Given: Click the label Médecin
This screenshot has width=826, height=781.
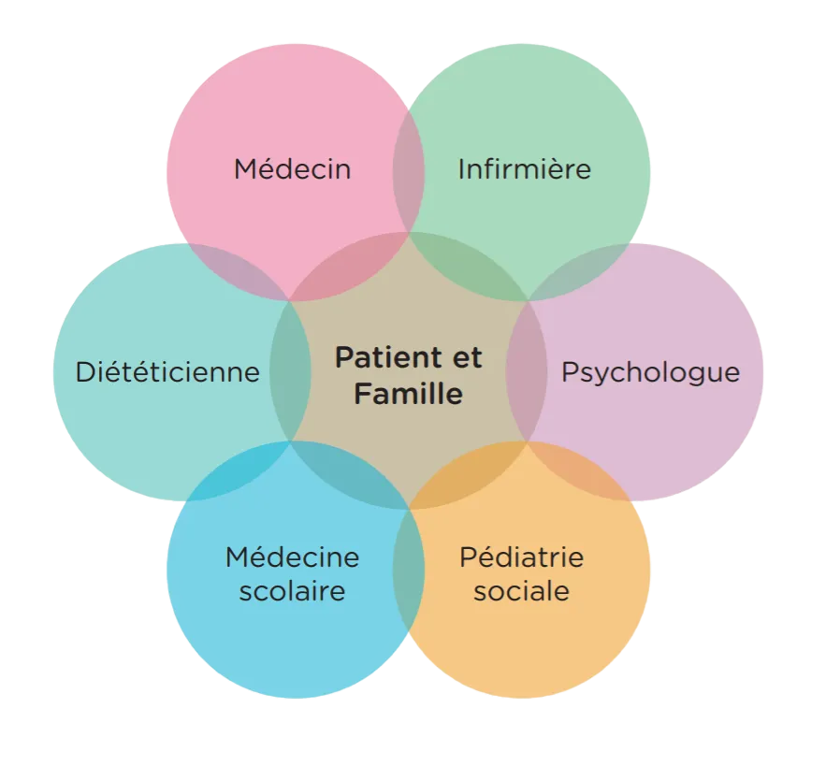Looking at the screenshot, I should click(292, 169).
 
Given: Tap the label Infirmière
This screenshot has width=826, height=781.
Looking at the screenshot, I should click(524, 169).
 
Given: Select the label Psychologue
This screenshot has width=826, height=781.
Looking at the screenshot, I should click(650, 372).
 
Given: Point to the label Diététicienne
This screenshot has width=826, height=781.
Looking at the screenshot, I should click(167, 372).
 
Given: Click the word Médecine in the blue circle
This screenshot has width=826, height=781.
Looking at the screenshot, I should click(292, 557).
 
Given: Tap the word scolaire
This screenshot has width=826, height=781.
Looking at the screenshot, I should click(292, 591).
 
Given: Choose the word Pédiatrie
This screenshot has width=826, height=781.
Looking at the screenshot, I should click(521, 557).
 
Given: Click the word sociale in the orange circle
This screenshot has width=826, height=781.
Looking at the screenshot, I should click(521, 591).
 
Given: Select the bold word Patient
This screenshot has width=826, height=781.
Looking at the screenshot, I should click(384, 357).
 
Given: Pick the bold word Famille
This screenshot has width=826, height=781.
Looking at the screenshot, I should click(409, 394).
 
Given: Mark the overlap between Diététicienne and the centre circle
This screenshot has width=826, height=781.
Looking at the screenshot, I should click(290, 371).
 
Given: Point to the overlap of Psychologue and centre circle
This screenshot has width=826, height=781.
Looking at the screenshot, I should click(527, 371).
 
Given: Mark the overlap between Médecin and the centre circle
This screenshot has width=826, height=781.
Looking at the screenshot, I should click(351, 267).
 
